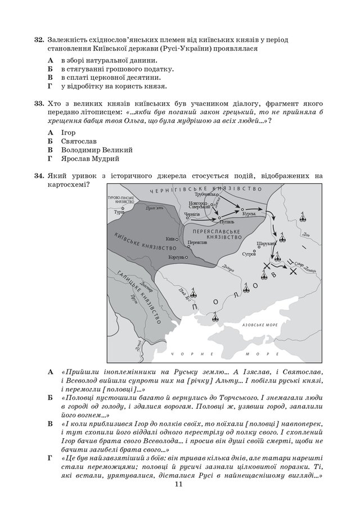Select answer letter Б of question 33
click(x=50, y=141)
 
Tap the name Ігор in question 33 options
click(x=68, y=132)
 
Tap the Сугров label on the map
click(x=249, y=255)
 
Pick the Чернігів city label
click(x=192, y=215)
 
